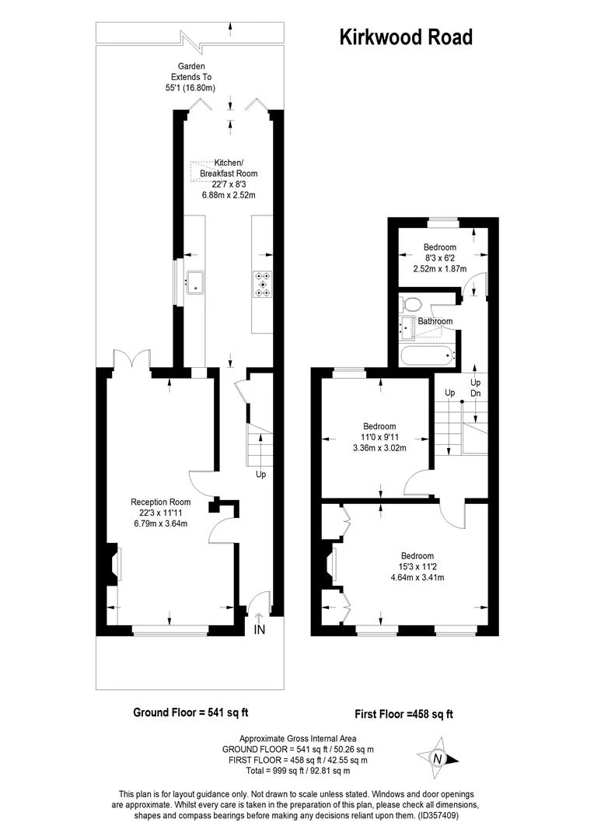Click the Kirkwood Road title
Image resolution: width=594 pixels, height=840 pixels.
pyautogui.click(x=405, y=37)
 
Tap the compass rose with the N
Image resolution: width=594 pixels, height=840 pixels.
pyautogui.click(x=437, y=759)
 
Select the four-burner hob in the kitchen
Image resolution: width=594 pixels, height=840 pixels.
pyautogui.click(x=263, y=284)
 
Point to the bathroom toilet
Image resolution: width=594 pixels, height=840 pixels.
pyautogui.click(x=411, y=303)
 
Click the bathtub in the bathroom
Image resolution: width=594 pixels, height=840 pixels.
pyautogui.click(x=426, y=356)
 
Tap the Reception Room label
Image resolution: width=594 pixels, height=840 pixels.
pyautogui.click(x=160, y=502)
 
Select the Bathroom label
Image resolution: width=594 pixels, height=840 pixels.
pyautogui.click(x=435, y=321)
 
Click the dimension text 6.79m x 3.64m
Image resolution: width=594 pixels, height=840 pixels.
pyautogui.click(x=160, y=523)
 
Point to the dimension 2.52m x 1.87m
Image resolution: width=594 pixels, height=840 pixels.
pyautogui.click(x=439, y=269)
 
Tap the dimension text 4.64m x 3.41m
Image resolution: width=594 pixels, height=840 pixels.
pyautogui.click(x=417, y=577)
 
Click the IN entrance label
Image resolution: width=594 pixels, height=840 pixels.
pyautogui.click(x=260, y=630)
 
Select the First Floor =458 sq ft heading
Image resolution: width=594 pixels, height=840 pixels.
pyautogui.click(x=404, y=714)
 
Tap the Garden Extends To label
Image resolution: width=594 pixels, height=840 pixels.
pyautogui.click(x=190, y=78)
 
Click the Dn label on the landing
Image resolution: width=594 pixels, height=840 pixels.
pyautogui.click(x=476, y=394)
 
